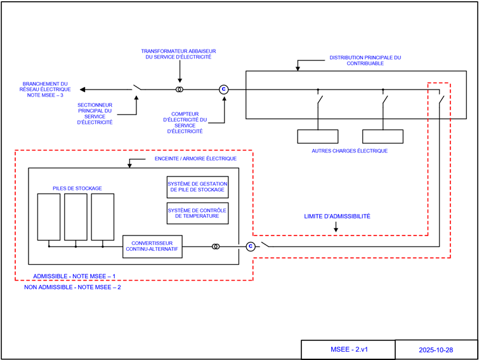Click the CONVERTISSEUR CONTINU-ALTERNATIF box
(x=152, y=246)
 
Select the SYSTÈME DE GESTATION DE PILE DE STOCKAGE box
(x=197, y=187)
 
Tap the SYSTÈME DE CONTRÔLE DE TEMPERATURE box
(x=197, y=213)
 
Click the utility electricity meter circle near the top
(x=223, y=90)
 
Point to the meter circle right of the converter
(x=250, y=246)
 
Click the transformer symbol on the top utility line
(x=180, y=90)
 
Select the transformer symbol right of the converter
(x=216, y=246)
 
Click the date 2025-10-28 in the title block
(x=436, y=350)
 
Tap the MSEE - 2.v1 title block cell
(x=348, y=350)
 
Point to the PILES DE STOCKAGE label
(x=77, y=188)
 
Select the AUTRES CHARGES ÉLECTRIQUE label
(x=350, y=151)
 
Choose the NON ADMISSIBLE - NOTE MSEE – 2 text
(x=72, y=287)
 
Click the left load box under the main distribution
(x=318, y=137)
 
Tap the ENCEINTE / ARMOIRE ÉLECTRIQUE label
(x=195, y=158)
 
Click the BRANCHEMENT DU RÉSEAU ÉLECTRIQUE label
(x=45, y=90)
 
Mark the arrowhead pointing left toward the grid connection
(x=83, y=90)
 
